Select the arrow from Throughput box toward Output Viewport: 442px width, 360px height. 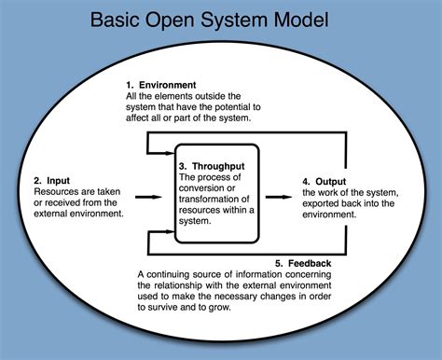point(276,197)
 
